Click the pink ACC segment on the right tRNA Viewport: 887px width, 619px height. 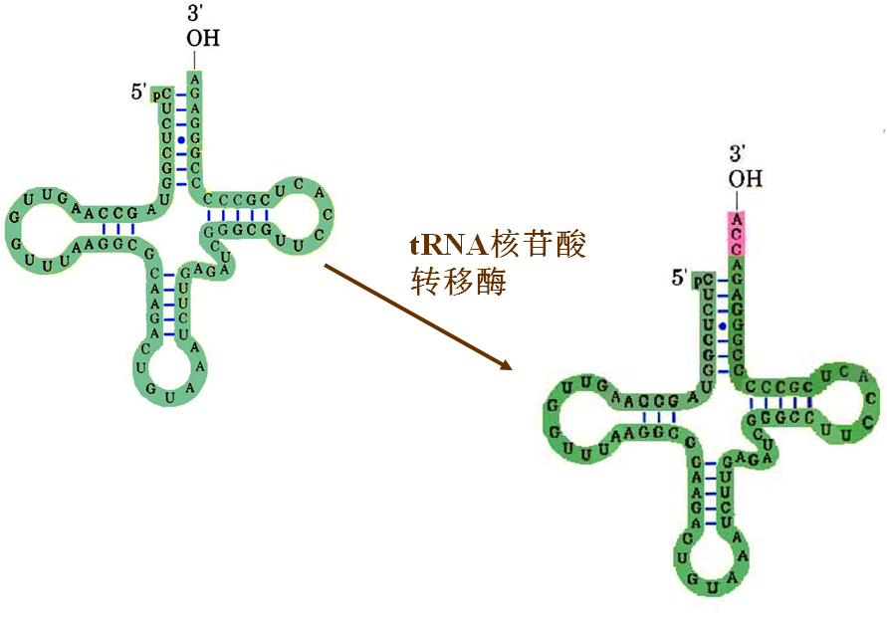click(x=736, y=232)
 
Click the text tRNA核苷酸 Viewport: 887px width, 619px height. click(x=498, y=244)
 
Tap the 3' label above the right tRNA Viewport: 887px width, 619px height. click(x=738, y=153)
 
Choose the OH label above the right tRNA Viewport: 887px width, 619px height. click(x=744, y=179)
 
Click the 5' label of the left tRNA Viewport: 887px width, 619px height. click(x=138, y=93)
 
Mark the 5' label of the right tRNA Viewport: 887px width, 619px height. click(x=680, y=278)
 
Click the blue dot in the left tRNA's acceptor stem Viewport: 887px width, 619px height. click(x=181, y=139)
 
